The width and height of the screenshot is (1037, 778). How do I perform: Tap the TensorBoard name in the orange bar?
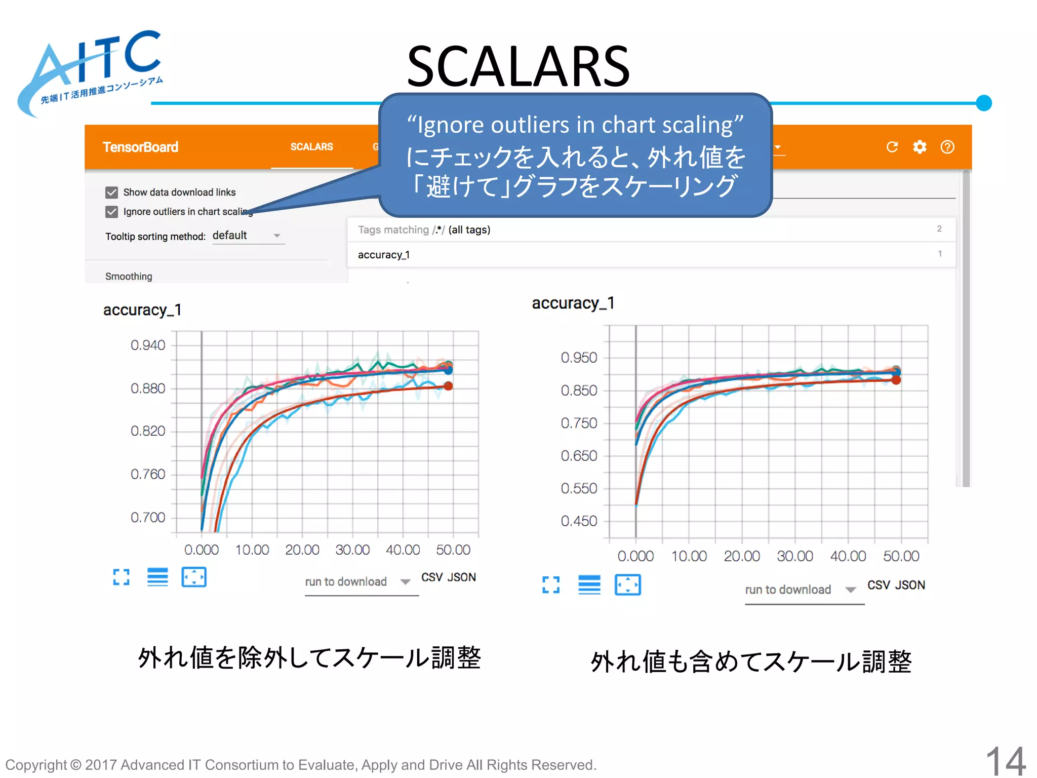click(140, 147)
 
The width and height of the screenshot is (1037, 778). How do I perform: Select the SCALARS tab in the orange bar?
click(311, 147)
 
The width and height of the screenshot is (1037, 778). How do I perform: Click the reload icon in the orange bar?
click(892, 147)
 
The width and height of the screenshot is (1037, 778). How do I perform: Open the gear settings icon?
click(920, 147)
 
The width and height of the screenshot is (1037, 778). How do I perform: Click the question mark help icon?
click(947, 147)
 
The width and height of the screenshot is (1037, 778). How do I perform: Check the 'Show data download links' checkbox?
click(112, 192)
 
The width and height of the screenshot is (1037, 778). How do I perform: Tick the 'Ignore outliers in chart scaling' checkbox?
click(112, 212)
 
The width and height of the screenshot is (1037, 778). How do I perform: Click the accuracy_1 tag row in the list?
click(384, 255)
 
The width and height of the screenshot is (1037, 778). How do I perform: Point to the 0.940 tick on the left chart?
click(147, 345)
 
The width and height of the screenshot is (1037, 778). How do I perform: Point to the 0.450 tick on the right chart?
click(579, 521)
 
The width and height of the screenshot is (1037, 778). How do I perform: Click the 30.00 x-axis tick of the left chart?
click(352, 550)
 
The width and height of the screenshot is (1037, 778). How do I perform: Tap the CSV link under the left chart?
click(432, 577)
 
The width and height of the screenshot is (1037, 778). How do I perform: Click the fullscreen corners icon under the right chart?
click(551, 585)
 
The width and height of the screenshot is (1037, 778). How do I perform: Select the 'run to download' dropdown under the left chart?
click(357, 582)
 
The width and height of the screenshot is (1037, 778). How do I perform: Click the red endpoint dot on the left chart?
click(448, 386)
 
